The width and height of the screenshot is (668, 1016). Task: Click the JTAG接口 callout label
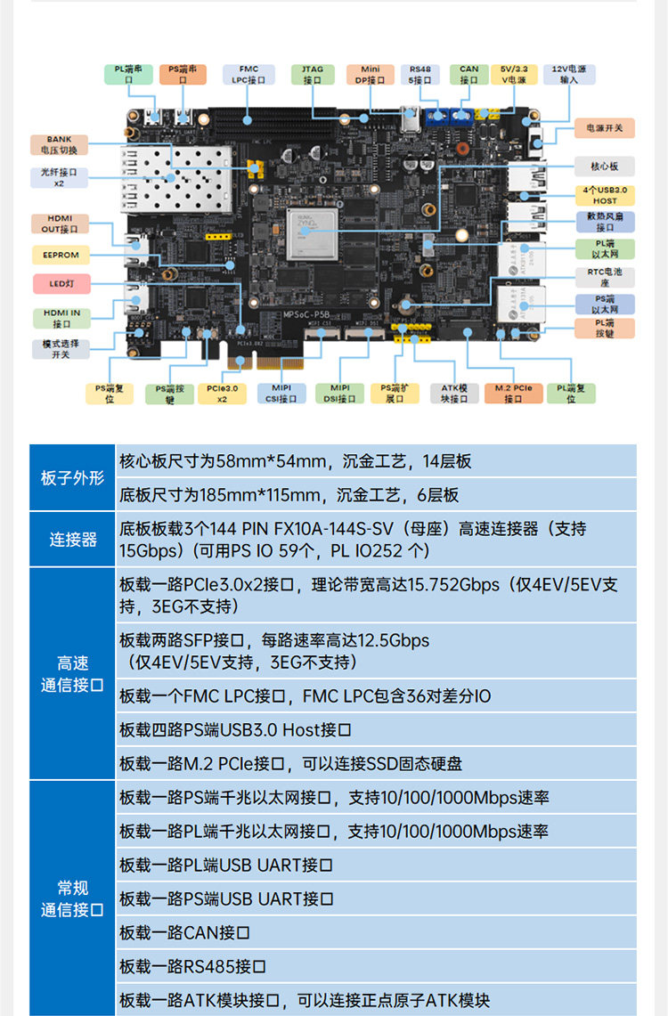click(312, 74)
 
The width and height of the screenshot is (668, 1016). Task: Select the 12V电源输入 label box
click(569, 74)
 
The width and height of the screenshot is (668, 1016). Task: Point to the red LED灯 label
click(61, 285)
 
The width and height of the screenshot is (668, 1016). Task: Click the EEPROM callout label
click(61, 255)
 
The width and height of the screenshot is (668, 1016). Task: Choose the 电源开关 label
click(605, 129)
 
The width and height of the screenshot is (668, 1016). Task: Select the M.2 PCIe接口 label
click(513, 394)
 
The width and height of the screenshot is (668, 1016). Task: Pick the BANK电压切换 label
click(60, 144)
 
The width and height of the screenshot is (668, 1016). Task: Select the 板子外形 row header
click(73, 478)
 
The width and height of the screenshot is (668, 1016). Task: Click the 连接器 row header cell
click(73, 540)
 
